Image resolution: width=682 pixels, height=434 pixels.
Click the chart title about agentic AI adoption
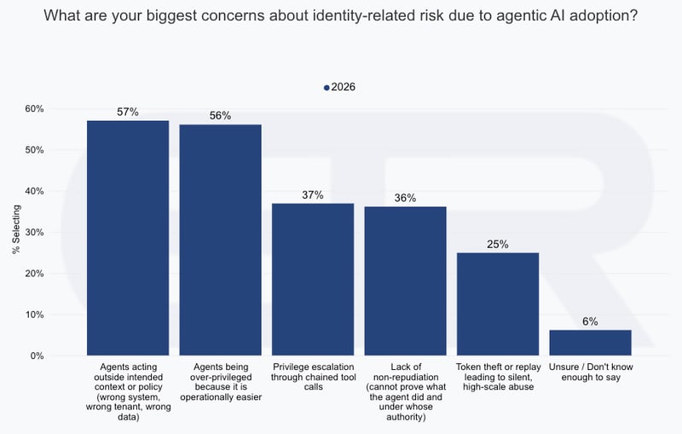point(341,14)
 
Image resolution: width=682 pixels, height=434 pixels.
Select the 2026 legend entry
point(340,87)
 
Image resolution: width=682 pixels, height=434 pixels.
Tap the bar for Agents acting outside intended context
point(128,238)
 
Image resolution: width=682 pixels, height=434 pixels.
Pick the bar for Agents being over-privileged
point(220,240)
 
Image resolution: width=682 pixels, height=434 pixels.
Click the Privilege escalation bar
point(313,279)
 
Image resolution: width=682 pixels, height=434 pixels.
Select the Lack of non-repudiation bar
point(405,281)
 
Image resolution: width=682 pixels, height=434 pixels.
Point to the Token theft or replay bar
point(498,304)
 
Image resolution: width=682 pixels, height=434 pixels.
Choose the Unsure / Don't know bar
point(590,343)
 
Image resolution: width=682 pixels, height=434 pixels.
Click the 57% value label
point(128,112)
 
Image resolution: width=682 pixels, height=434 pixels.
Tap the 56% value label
point(220,116)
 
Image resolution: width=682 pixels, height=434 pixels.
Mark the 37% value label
point(313,194)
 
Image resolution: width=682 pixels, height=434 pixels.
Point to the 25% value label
point(498,244)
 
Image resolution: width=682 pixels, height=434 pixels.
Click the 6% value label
point(590,321)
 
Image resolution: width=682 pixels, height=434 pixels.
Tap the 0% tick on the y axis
point(37,356)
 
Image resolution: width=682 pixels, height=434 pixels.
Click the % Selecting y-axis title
point(14,232)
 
